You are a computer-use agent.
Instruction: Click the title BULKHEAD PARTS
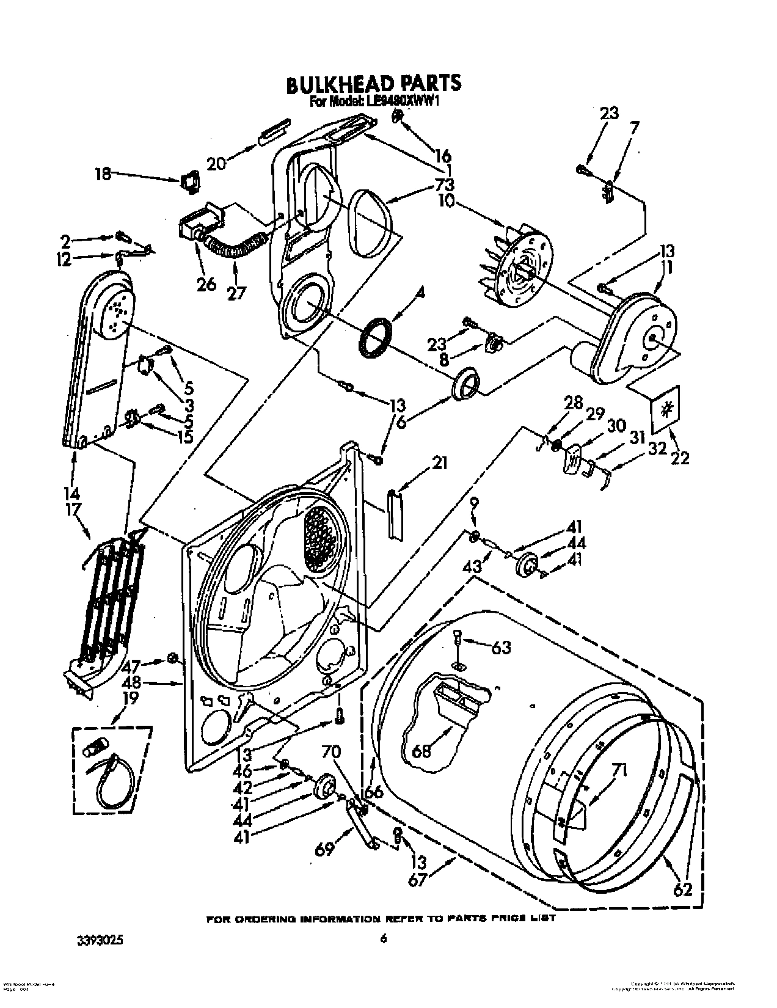[374, 84]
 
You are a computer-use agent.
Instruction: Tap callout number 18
[103, 174]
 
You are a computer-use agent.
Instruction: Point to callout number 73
[445, 184]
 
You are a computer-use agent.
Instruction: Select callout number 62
[682, 890]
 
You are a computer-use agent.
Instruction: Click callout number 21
[439, 464]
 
